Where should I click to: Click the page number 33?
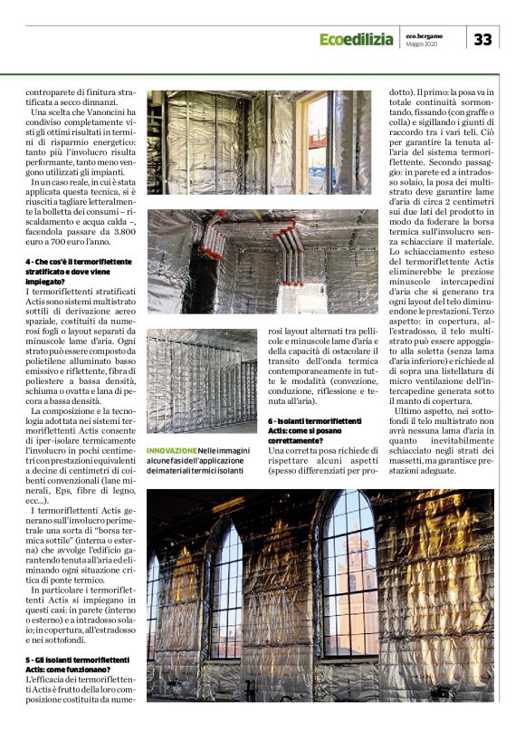coord(483,39)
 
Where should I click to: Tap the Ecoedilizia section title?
coord(356,40)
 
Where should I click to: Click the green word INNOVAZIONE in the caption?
coord(172,450)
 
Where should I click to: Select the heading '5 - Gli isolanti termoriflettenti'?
coord(76,659)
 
